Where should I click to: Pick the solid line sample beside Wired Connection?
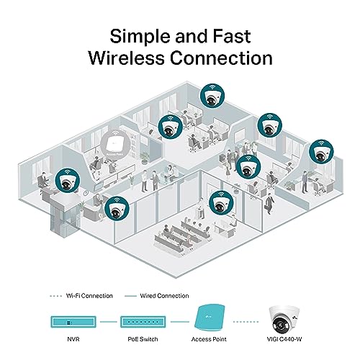(x=130, y=296)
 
